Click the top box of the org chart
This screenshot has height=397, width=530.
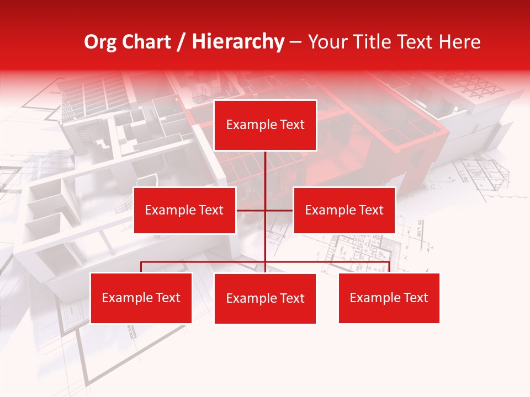pos(265,125)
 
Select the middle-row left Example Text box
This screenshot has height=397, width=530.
pos(184,210)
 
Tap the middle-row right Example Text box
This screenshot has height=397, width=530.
pos(344,210)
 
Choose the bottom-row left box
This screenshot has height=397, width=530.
pos(141,298)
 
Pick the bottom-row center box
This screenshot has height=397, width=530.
pos(265,298)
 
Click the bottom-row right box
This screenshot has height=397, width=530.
pos(389,298)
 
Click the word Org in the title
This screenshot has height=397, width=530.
pos(100,42)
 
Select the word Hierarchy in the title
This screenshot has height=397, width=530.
pos(238,42)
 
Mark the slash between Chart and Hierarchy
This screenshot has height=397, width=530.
pos(181,42)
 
